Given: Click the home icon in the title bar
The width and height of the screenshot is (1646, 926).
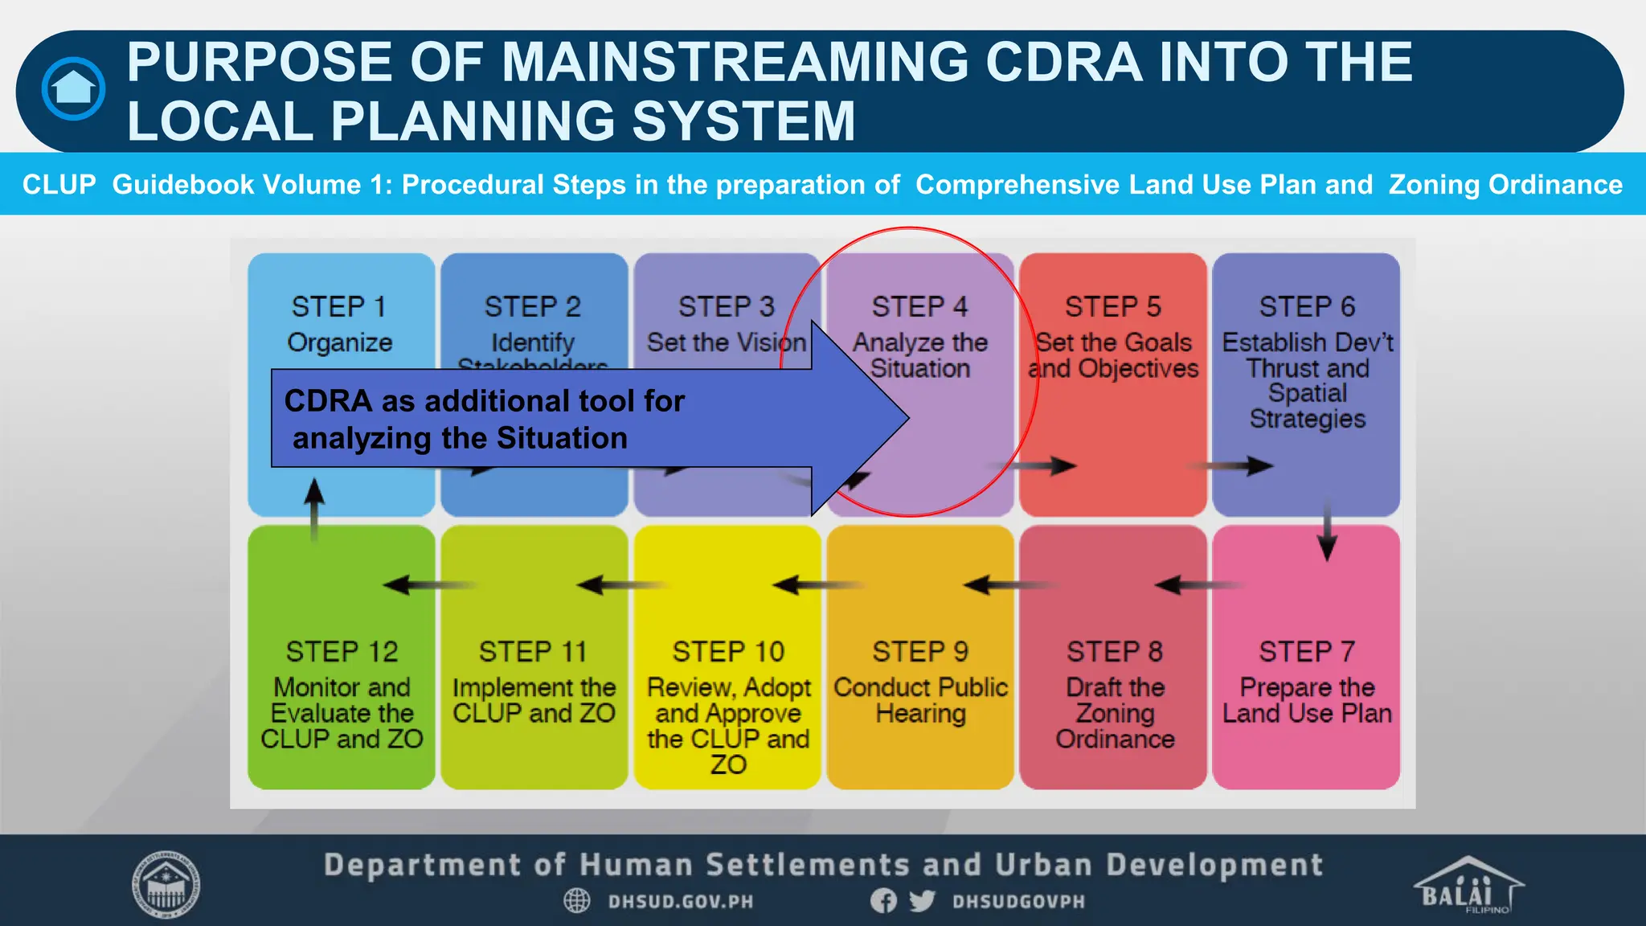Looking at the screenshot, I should point(73,88).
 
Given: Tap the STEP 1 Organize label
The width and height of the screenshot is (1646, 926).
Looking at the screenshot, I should point(339,324).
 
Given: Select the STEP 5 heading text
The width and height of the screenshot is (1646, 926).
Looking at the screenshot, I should point(1113,307).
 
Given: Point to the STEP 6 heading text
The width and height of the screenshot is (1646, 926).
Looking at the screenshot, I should point(1307,307).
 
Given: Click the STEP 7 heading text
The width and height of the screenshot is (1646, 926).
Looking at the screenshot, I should point(1307,651).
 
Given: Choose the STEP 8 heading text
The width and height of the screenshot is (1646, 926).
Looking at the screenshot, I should point(1115,651).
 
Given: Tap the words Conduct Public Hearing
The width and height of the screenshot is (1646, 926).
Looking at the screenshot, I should point(921,700).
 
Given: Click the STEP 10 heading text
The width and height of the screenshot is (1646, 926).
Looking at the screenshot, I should point(728,651).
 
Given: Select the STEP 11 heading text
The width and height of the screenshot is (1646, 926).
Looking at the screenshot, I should point(533,651).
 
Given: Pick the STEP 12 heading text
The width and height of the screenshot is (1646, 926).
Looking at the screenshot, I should point(342,651).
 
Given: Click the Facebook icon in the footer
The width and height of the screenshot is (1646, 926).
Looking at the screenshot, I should point(883,901).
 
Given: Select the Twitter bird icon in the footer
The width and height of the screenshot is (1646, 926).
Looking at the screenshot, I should point(922,901).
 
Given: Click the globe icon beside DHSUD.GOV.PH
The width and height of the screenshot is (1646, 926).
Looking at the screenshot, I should point(576,901).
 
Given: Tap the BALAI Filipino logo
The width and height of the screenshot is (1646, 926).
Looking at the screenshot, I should point(1468,885).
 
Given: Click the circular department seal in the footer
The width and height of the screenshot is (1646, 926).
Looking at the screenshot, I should point(166,885).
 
